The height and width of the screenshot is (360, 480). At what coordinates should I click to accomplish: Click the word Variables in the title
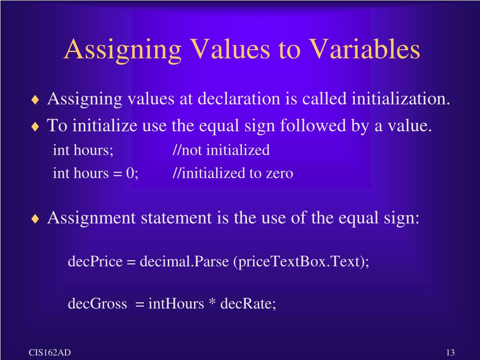tap(364, 49)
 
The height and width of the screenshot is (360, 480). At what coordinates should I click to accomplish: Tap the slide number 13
tap(450, 353)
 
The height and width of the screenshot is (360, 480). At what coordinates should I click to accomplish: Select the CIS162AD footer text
tap(50, 352)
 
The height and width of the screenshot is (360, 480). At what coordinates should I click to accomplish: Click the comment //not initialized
tap(221, 150)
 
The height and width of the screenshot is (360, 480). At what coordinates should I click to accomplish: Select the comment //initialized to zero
tap(233, 173)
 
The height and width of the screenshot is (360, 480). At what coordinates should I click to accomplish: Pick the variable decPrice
tap(94, 261)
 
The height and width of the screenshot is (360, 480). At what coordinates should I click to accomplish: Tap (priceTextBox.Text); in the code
tap(301, 261)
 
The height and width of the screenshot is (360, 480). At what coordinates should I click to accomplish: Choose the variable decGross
tap(97, 304)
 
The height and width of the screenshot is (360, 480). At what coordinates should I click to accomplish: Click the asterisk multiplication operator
tap(212, 304)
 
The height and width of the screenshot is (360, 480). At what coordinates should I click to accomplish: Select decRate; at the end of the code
tap(248, 304)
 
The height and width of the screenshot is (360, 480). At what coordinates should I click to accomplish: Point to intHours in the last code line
tap(176, 304)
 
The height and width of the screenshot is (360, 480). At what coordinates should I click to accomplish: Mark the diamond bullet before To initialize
tap(36, 127)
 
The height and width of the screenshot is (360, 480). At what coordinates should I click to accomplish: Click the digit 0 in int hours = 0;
tap(129, 173)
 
